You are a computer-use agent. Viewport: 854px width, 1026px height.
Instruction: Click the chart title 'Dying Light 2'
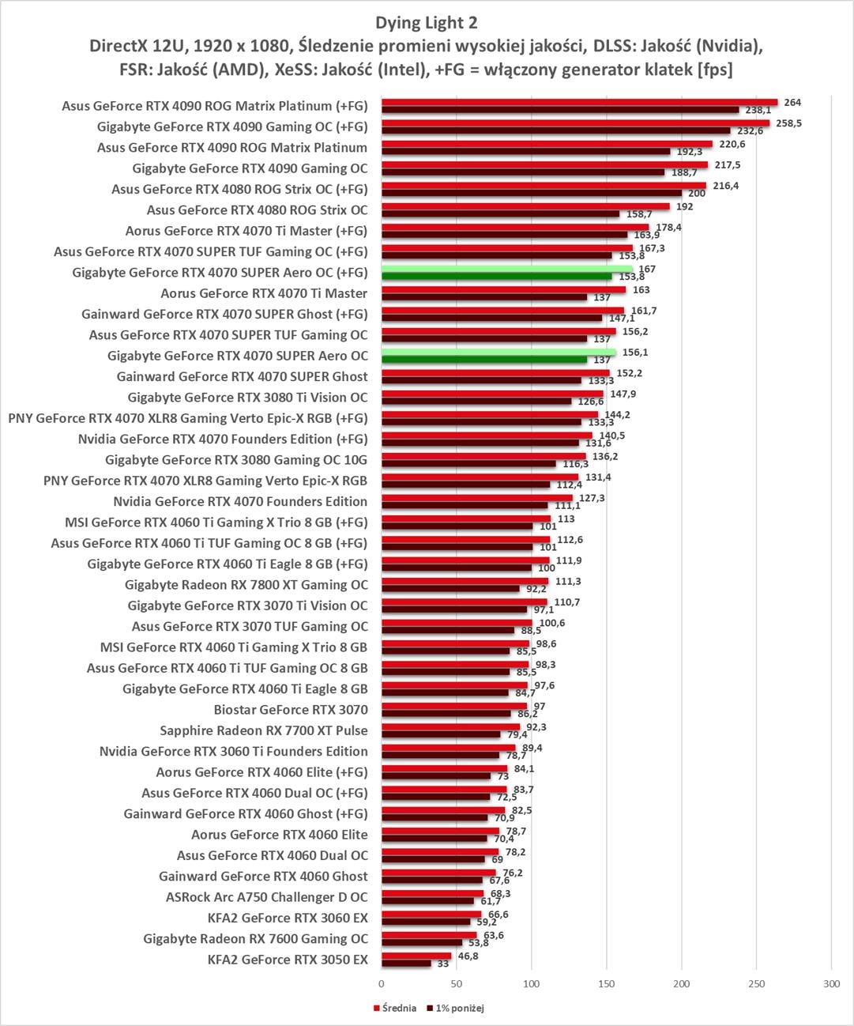(x=427, y=23)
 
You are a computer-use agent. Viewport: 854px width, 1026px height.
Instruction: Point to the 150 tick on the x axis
(x=606, y=983)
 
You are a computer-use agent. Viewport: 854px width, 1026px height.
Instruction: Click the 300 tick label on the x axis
(x=831, y=983)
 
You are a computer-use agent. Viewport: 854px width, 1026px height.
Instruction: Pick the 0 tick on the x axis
(x=382, y=983)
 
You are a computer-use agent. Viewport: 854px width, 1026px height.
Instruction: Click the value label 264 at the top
(x=792, y=103)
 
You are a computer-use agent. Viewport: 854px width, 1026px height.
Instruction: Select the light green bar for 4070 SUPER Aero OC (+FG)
(x=506, y=269)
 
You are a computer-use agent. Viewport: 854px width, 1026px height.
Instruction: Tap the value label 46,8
(x=467, y=956)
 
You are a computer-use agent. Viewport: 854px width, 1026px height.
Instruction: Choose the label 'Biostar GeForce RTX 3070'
(x=291, y=710)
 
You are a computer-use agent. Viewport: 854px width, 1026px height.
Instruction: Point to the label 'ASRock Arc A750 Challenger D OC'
(x=267, y=897)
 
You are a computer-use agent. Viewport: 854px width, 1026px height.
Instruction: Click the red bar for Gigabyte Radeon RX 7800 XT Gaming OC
(x=465, y=581)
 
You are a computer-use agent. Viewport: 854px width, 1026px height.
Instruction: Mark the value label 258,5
(x=788, y=123)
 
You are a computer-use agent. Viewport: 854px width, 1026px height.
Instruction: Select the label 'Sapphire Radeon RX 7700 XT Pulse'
(x=264, y=730)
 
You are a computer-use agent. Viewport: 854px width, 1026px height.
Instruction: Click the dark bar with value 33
(x=406, y=964)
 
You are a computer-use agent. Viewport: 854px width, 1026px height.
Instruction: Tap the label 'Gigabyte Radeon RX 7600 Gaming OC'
(x=256, y=939)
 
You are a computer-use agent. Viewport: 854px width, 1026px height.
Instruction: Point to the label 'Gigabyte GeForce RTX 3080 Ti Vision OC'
(x=248, y=398)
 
